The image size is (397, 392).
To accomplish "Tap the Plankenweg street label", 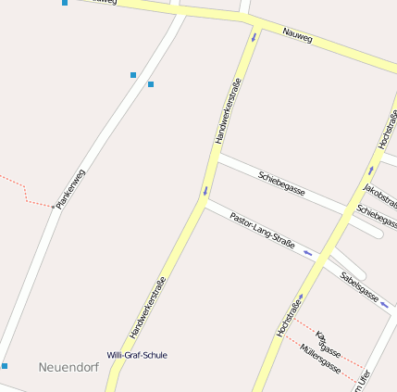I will point(70,188).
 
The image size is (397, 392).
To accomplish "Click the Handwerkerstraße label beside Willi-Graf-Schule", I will point(148,307).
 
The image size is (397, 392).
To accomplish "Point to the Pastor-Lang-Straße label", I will point(262,230).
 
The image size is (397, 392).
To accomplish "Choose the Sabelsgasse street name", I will point(359,286).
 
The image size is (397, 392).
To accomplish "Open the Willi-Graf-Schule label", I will point(137,355).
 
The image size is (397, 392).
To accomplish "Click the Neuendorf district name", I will point(68,368).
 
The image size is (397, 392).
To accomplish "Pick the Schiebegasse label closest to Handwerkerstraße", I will point(282,180).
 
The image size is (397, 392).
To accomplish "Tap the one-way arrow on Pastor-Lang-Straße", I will point(307,252).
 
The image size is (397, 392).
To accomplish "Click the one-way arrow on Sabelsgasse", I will point(384,302).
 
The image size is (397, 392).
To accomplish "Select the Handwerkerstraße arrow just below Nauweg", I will point(253,38).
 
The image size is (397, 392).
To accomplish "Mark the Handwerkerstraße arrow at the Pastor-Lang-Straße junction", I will point(205,193).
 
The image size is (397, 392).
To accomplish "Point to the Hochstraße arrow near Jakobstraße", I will point(371,171).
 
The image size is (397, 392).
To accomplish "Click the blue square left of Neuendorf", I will point(5,366).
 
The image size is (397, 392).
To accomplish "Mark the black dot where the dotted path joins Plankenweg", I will point(53,206).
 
